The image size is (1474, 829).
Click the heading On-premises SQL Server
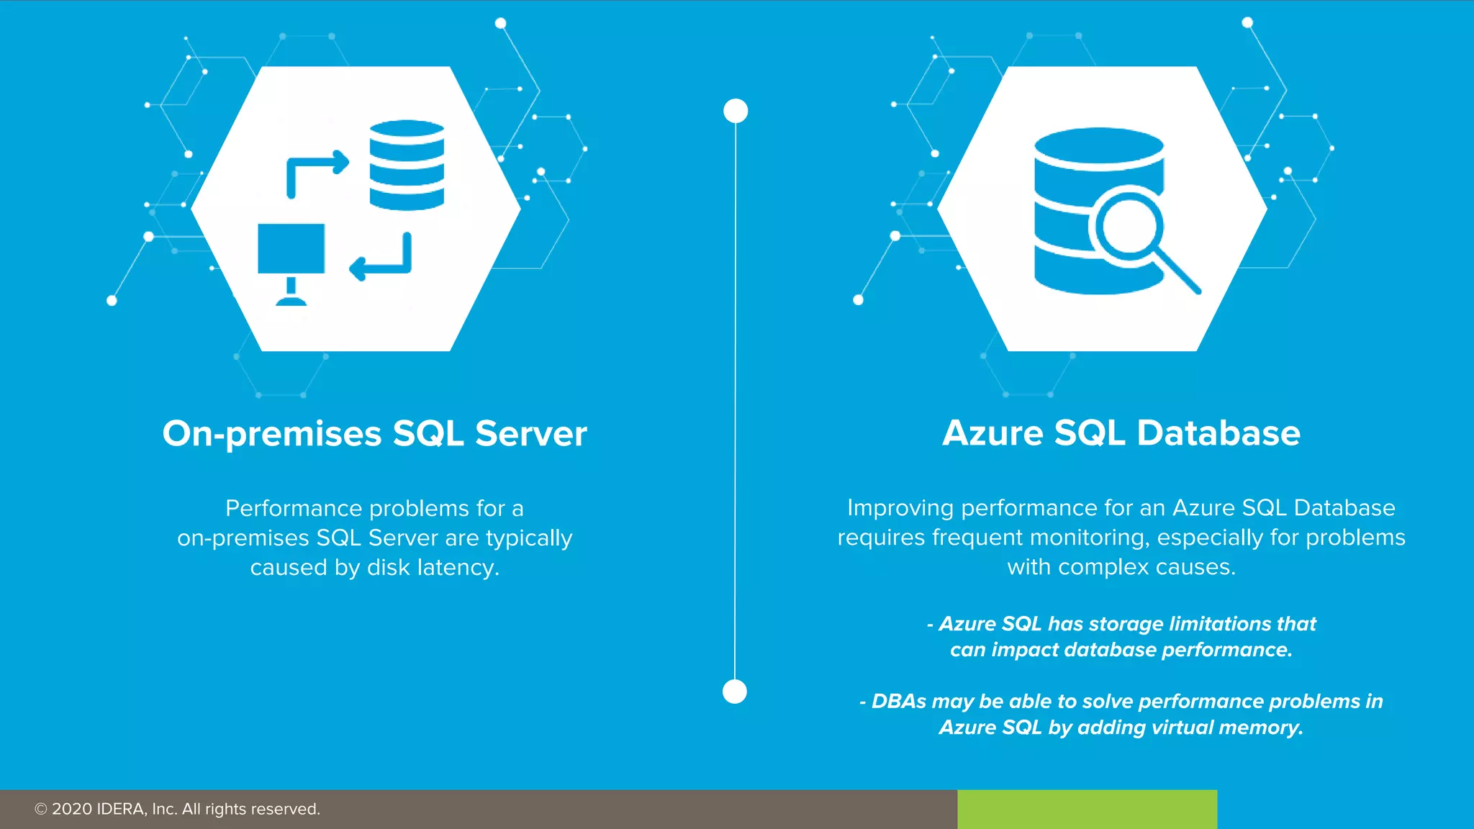click(x=374, y=434)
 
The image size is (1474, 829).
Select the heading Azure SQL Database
click(x=1121, y=433)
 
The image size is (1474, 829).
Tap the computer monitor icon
click(x=291, y=249)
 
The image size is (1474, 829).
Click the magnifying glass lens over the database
click(x=1128, y=225)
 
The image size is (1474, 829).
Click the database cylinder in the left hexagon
click(x=407, y=166)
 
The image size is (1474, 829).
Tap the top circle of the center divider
click(x=736, y=111)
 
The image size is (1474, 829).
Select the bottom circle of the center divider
click(x=734, y=692)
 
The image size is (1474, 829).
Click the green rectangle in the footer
click(x=1087, y=809)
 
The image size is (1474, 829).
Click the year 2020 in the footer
click(x=72, y=809)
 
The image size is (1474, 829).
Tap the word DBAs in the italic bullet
click(x=899, y=702)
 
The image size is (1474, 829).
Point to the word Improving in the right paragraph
click(x=900, y=508)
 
